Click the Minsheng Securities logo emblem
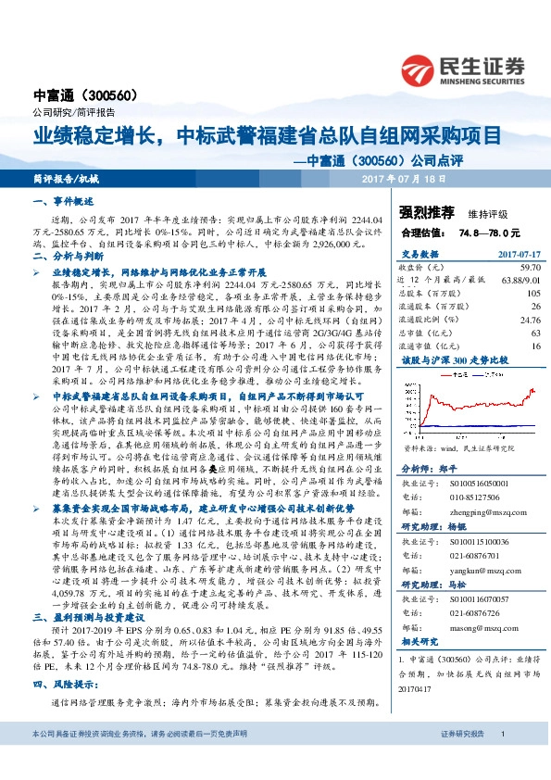pos(419,68)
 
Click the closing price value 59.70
pos(529,265)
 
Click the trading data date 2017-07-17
pos(516,252)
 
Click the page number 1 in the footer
pos(501,760)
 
